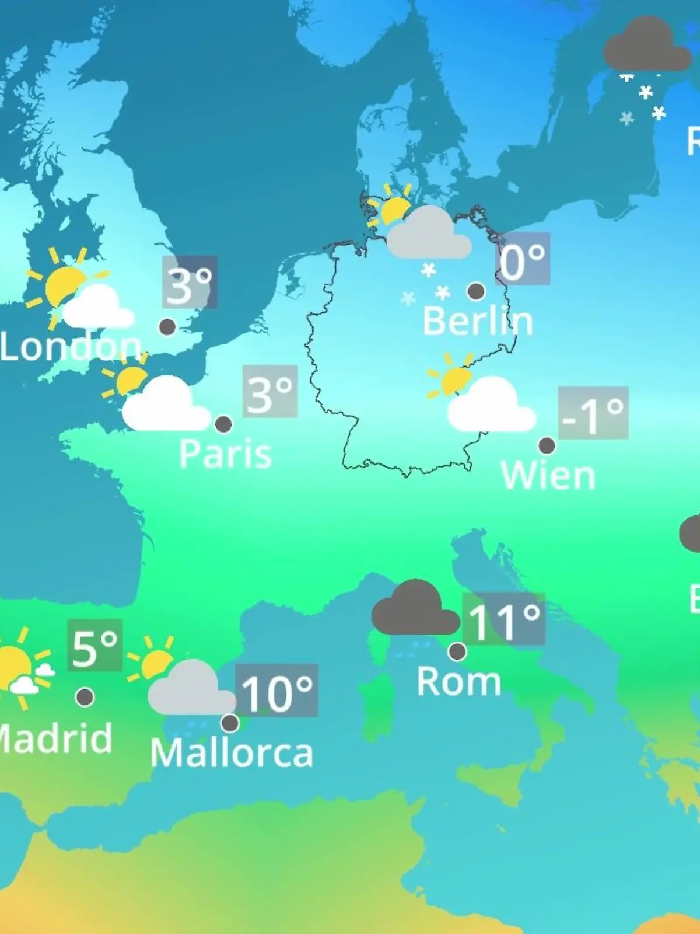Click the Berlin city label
478,321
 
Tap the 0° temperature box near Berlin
523,259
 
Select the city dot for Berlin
476,291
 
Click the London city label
70,347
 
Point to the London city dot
167,326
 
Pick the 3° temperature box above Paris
269,392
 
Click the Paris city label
225,454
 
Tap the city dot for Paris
223,424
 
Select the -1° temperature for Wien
593,413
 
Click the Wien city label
548,476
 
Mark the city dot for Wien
547,445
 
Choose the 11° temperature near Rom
503,619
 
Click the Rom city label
459,681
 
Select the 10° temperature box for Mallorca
276,691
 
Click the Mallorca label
232,753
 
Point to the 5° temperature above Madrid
94,645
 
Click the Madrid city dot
85,696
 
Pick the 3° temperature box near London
190,282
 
